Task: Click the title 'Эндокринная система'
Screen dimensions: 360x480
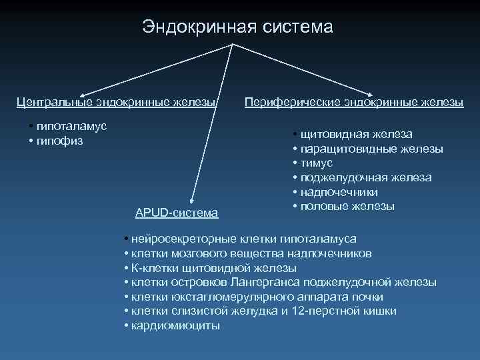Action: coord(237,27)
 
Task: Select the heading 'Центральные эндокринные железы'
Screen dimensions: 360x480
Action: coord(117,102)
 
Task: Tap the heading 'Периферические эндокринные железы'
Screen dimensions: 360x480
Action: coord(354,102)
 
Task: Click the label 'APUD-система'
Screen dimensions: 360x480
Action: coord(176,213)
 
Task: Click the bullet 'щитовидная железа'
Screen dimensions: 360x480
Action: coord(356,134)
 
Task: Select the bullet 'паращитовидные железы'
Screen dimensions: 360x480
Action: coord(371,149)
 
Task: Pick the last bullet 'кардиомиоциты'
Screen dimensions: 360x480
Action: coord(175,326)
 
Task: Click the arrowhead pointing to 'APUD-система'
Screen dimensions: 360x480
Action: coord(191,198)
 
